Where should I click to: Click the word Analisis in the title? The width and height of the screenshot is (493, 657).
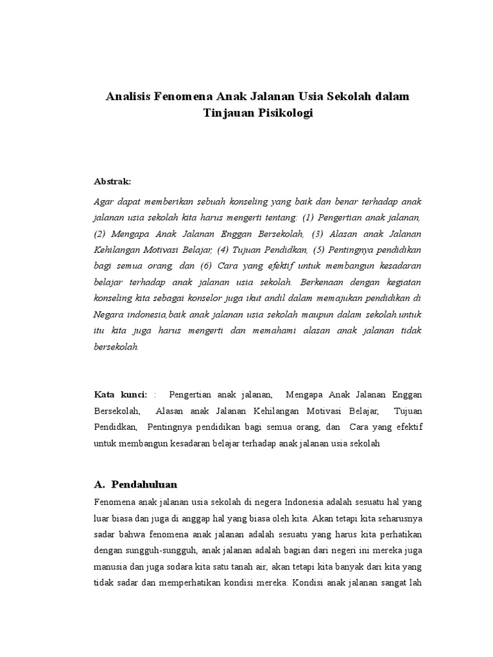[x=128, y=96]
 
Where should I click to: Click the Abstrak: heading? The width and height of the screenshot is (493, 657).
[x=112, y=182]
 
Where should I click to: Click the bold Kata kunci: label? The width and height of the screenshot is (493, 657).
[x=121, y=393]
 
